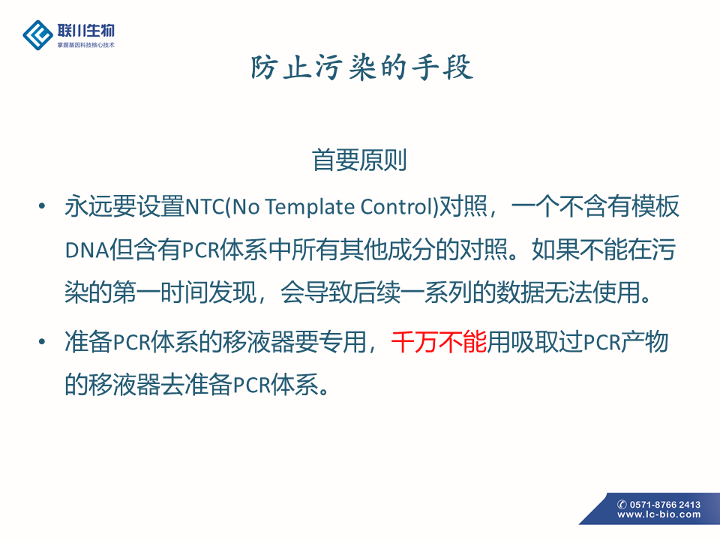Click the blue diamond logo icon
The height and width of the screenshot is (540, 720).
[x=37, y=35]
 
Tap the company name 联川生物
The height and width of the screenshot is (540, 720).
[x=85, y=30]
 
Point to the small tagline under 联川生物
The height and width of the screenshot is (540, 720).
[x=85, y=45]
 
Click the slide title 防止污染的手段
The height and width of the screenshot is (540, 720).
[x=361, y=67]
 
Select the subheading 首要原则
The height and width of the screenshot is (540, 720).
[x=359, y=160]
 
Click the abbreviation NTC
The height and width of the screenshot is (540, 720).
[x=205, y=207]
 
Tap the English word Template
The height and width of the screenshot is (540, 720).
[x=310, y=207]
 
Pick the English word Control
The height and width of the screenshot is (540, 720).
[x=397, y=207]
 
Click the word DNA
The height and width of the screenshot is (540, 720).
[x=87, y=250]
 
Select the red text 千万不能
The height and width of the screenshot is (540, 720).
[x=439, y=342]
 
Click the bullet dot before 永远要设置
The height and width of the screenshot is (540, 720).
[x=42, y=206]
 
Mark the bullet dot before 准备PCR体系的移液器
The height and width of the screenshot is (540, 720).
[x=42, y=342]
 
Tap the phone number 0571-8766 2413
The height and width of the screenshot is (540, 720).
[x=665, y=504]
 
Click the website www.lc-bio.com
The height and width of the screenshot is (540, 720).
[x=659, y=514]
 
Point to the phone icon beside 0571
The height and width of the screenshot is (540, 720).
[x=622, y=504]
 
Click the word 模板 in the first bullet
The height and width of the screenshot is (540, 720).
[x=655, y=207]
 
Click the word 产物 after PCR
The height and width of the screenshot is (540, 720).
[x=644, y=342]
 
